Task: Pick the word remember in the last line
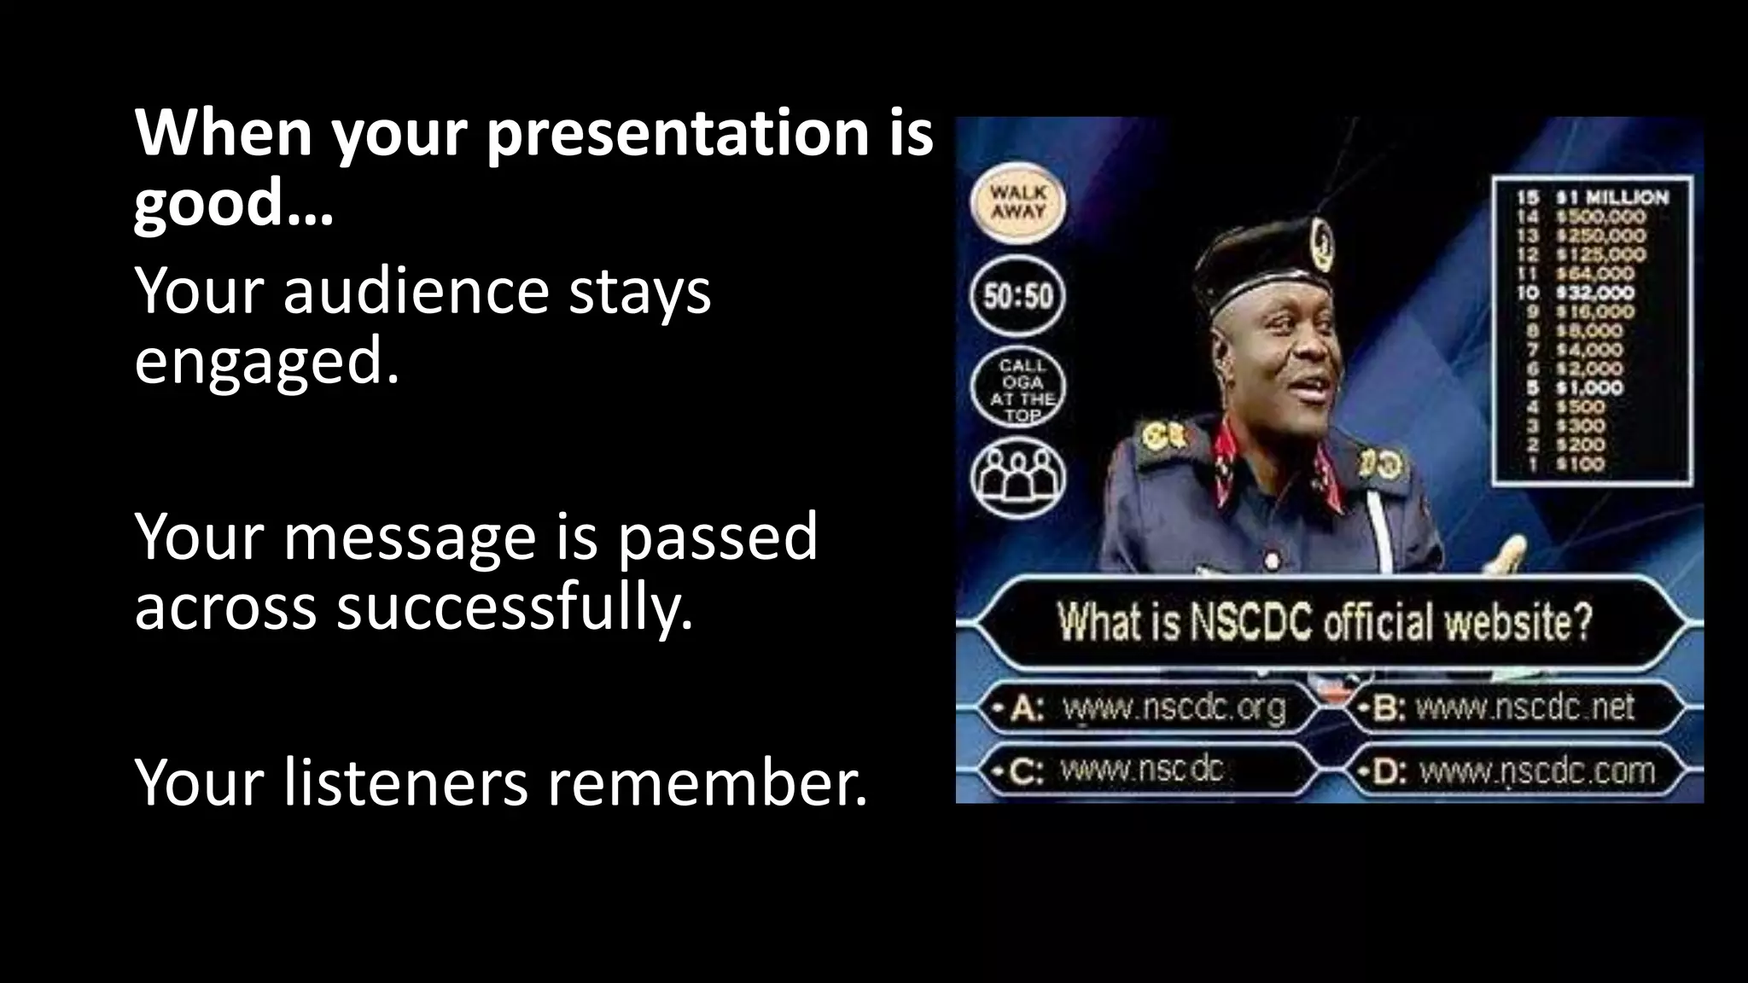tap(707, 782)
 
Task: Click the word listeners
tap(405, 782)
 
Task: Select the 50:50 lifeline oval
tap(1017, 297)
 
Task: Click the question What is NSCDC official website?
tap(1325, 622)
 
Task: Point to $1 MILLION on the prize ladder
tap(1612, 197)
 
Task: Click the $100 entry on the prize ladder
tap(1580, 464)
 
